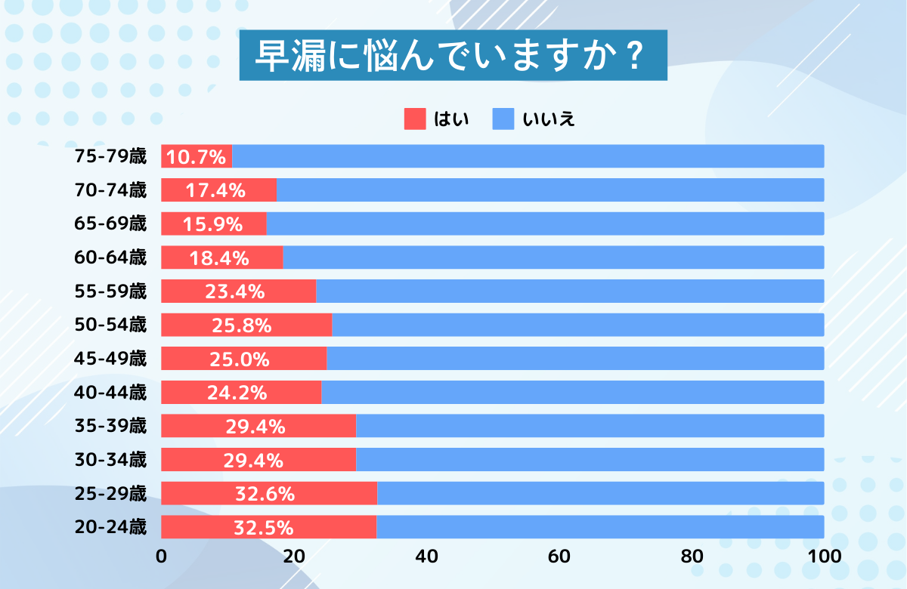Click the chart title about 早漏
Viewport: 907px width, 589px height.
[x=453, y=55]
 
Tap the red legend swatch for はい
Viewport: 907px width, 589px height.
[x=415, y=119]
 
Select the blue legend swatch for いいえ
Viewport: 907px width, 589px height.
[x=503, y=119]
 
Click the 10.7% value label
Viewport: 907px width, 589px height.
[x=197, y=157]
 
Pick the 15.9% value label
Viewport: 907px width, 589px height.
[x=212, y=224]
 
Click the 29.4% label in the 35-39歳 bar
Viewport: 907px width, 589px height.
[x=255, y=427]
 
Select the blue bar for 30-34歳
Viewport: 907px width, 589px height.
[x=590, y=460]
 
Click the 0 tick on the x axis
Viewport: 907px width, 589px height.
[x=161, y=557]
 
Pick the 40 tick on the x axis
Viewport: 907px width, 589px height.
[x=426, y=557]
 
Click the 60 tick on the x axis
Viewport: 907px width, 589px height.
[x=559, y=557]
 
